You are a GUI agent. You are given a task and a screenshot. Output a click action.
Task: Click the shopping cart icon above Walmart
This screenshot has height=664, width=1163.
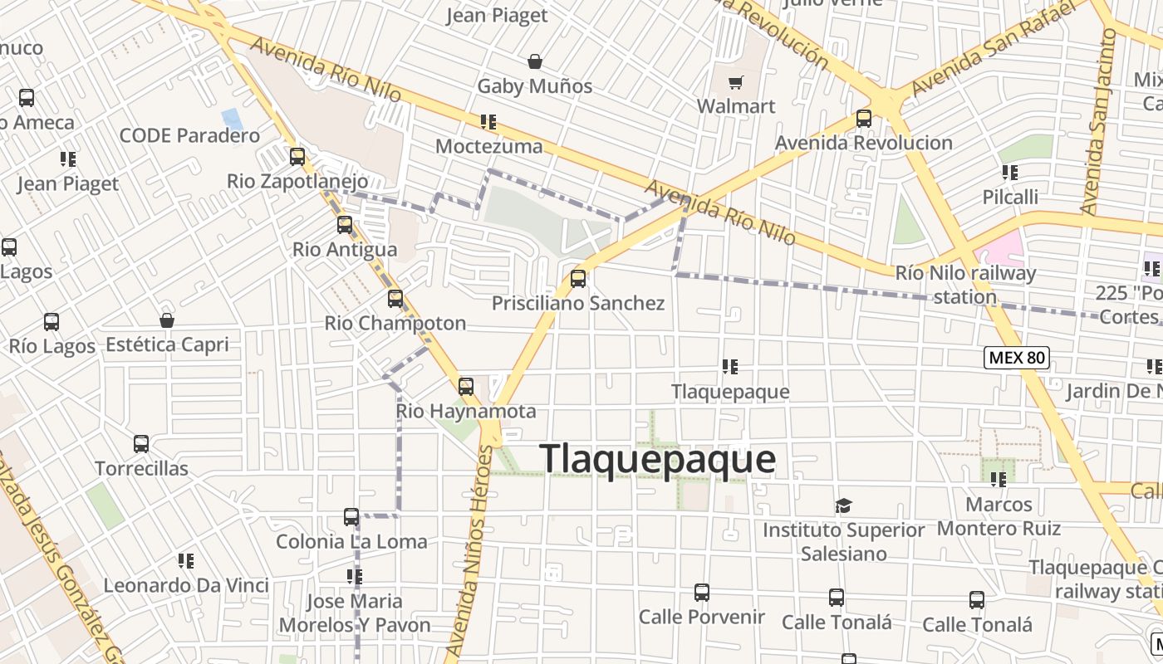pyautogui.click(x=735, y=82)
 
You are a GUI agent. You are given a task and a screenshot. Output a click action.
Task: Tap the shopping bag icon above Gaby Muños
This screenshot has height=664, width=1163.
pyautogui.click(x=535, y=61)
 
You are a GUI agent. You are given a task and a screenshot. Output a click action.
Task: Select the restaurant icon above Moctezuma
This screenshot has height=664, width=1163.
pyautogui.click(x=488, y=122)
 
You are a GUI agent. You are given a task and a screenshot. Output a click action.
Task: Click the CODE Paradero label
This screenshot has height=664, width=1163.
pyautogui.click(x=189, y=135)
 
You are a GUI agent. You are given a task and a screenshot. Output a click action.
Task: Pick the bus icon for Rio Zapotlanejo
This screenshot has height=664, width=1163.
pyautogui.click(x=297, y=156)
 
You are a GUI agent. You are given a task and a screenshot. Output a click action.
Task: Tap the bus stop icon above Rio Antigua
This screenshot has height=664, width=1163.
pyautogui.click(x=345, y=224)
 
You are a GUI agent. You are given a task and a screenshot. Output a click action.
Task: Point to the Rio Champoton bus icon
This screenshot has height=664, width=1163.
pyautogui.click(x=395, y=298)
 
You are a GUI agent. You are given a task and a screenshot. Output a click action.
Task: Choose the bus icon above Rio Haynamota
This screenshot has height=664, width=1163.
pyautogui.click(x=466, y=386)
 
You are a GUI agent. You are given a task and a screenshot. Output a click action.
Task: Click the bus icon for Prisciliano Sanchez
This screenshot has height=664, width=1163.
pyautogui.click(x=578, y=278)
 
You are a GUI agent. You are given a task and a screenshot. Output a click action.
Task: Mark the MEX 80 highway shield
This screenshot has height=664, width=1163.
pyautogui.click(x=1017, y=358)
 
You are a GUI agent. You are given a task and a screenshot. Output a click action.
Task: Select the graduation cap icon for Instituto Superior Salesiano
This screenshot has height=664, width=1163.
pyautogui.click(x=844, y=505)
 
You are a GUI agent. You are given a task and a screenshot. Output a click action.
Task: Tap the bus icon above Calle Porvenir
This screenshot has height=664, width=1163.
pyautogui.click(x=702, y=592)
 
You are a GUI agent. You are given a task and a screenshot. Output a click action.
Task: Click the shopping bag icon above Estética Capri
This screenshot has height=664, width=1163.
pyautogui.click(x=167, y=320)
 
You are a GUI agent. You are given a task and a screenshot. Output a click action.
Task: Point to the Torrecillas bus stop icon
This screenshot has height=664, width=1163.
pyautogui.click(x=141, y=444)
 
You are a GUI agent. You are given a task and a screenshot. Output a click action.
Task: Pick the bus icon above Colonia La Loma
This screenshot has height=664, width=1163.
pyautogui.click(x=351, y=517)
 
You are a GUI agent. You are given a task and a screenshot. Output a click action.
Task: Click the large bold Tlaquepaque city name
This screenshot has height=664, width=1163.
pyautogui.click(x=658, y=459)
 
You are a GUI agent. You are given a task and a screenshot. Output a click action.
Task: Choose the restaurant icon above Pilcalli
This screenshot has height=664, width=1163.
pyautogui.click(x=1010, y=173)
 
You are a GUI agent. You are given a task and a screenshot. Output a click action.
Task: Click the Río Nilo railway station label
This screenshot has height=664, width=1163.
pyautogui.click(x=965, y=284)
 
